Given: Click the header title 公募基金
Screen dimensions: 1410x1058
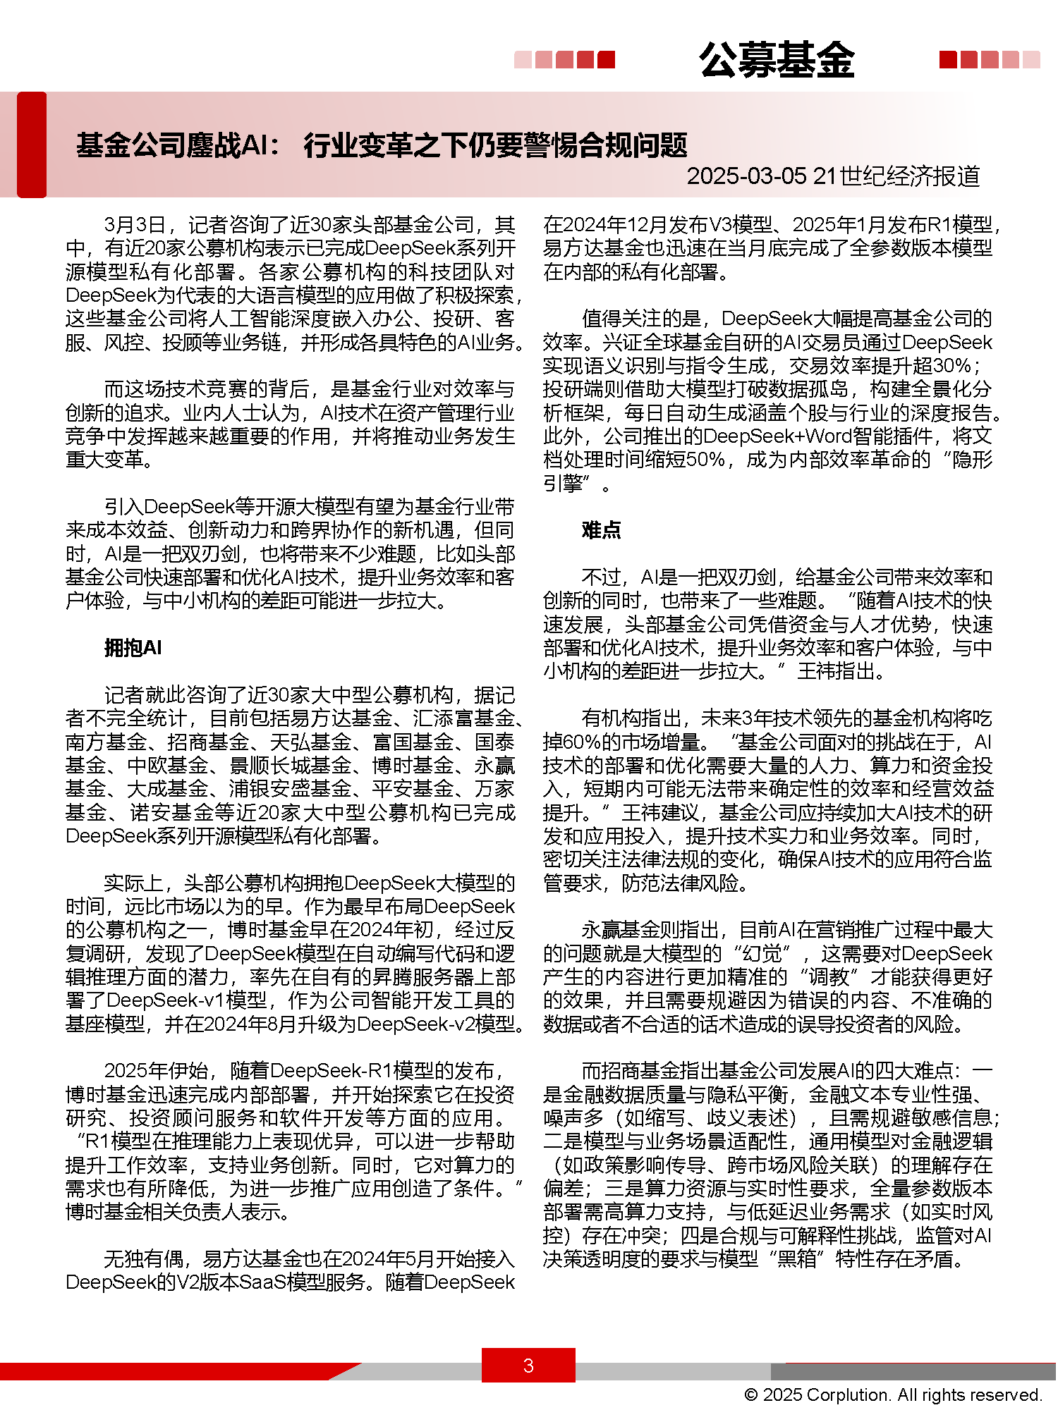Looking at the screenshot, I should point(777,60).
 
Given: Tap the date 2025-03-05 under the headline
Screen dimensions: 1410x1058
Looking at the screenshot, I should point(746,176).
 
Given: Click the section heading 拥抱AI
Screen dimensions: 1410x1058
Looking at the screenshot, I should point(133,647).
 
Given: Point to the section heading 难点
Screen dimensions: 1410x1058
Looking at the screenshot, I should point(601,529).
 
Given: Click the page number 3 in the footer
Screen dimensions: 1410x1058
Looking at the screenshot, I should point(528,1366).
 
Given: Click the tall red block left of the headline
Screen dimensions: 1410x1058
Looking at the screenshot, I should point(32,145).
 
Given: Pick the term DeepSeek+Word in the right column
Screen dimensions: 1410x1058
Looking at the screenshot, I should point(770,436).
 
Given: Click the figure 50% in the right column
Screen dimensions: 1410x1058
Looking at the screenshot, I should point(705,460).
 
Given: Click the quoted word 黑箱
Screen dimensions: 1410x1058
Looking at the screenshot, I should point(796,1259).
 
